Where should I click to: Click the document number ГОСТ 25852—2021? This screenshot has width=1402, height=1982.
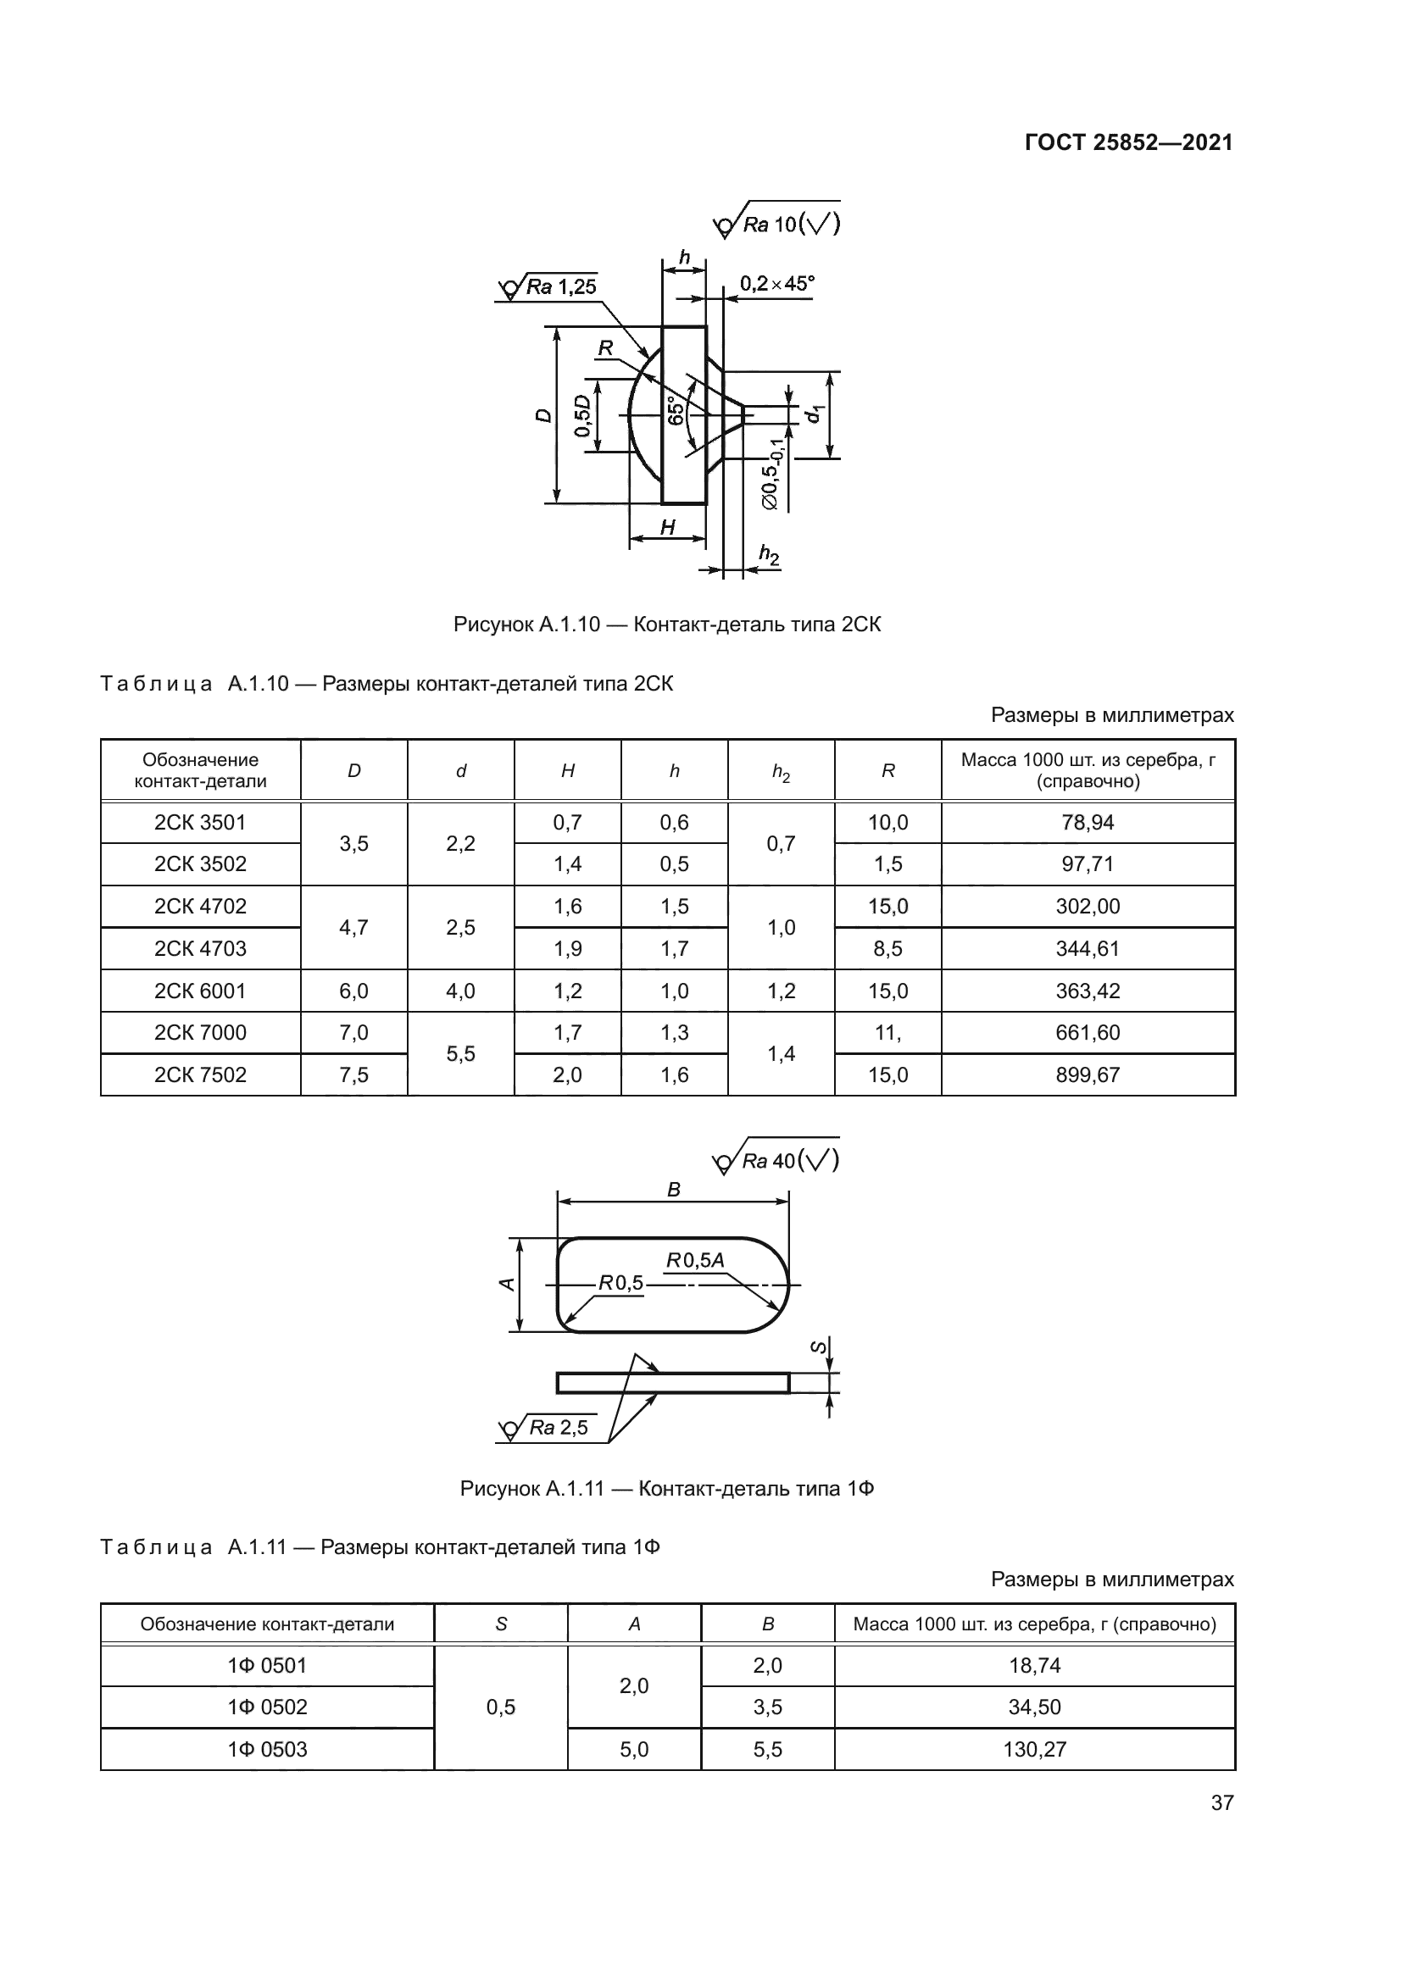(1128, 142)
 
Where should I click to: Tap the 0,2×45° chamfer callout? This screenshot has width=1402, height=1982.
(776, 283)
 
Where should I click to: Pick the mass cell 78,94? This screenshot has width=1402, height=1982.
(1087, 823)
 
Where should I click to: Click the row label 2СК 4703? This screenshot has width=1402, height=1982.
(200, 949)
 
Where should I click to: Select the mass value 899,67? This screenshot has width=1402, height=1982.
(1087, 1074)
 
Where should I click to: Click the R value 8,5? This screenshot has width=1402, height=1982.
(887, 949)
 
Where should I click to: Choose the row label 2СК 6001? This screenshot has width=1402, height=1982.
(200, 991)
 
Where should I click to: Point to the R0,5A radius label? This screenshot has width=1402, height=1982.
(695, 1260)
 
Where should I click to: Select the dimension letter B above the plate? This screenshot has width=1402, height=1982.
(673, 1190)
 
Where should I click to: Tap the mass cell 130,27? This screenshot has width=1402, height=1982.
(1034, 1750)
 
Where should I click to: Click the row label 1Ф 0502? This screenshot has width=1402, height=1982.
(267, 1707)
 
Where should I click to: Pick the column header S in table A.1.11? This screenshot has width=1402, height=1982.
(501, 1624)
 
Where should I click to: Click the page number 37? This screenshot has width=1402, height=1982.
(1221, 1802)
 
